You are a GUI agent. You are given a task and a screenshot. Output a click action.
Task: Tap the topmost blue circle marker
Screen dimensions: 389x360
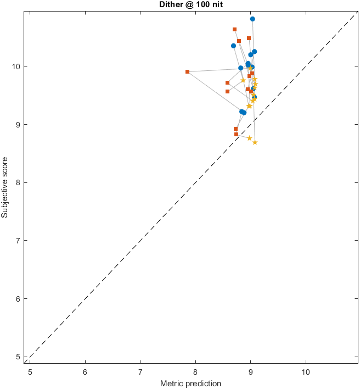point(252,19)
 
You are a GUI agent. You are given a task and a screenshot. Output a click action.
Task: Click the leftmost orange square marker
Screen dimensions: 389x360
point(187,71)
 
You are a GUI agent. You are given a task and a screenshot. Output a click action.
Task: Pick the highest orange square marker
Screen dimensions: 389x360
point(234,29)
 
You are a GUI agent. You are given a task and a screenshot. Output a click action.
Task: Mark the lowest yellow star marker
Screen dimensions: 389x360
point(255,142)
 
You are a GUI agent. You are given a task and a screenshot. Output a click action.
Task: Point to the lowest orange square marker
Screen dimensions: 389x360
point(236,134)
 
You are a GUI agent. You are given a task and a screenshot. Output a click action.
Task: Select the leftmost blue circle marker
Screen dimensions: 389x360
point(233,46)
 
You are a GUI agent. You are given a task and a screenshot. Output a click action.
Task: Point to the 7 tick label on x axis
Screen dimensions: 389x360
point(140,371)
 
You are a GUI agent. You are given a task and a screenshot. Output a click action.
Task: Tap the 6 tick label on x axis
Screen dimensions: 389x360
point(85,371)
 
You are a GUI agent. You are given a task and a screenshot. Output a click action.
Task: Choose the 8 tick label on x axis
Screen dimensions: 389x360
point(195,371)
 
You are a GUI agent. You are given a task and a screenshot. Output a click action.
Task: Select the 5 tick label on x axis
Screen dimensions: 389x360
point(30,371)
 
